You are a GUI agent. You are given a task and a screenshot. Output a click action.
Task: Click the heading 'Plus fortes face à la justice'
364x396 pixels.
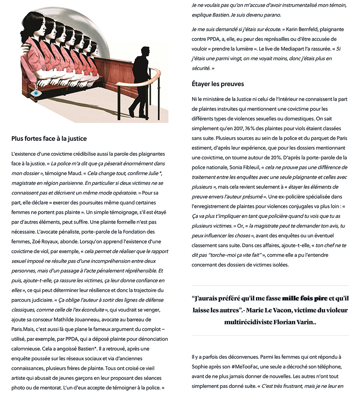coord(49,139)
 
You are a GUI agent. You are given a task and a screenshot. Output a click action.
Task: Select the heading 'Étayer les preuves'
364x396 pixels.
coord(218,84)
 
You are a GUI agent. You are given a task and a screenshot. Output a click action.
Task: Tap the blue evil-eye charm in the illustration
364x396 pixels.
coord(36,93)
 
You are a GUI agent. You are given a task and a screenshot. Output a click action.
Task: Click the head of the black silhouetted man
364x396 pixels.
coord(144,52)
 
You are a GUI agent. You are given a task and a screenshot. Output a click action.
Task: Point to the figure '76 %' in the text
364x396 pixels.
coord(249,128)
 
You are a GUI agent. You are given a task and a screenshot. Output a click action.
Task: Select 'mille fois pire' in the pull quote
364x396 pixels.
coord(305,299)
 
